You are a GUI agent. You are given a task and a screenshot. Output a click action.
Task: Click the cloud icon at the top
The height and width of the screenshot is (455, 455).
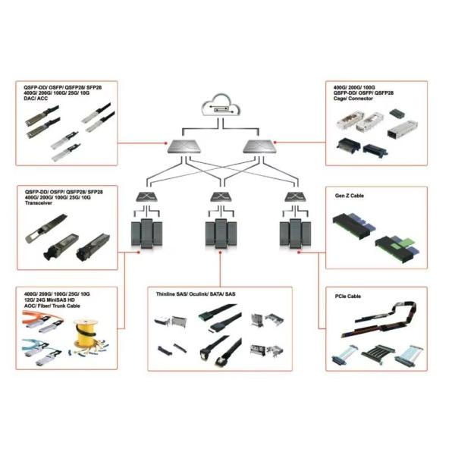click(221, 110)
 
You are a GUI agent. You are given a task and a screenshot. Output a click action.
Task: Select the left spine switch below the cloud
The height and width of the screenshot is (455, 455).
click(187, 146)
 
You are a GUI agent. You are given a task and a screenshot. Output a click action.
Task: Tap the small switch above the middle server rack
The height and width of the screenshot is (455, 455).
click(221, 198)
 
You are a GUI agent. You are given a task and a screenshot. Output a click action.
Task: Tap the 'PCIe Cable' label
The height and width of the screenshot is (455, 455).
click(347, 296)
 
